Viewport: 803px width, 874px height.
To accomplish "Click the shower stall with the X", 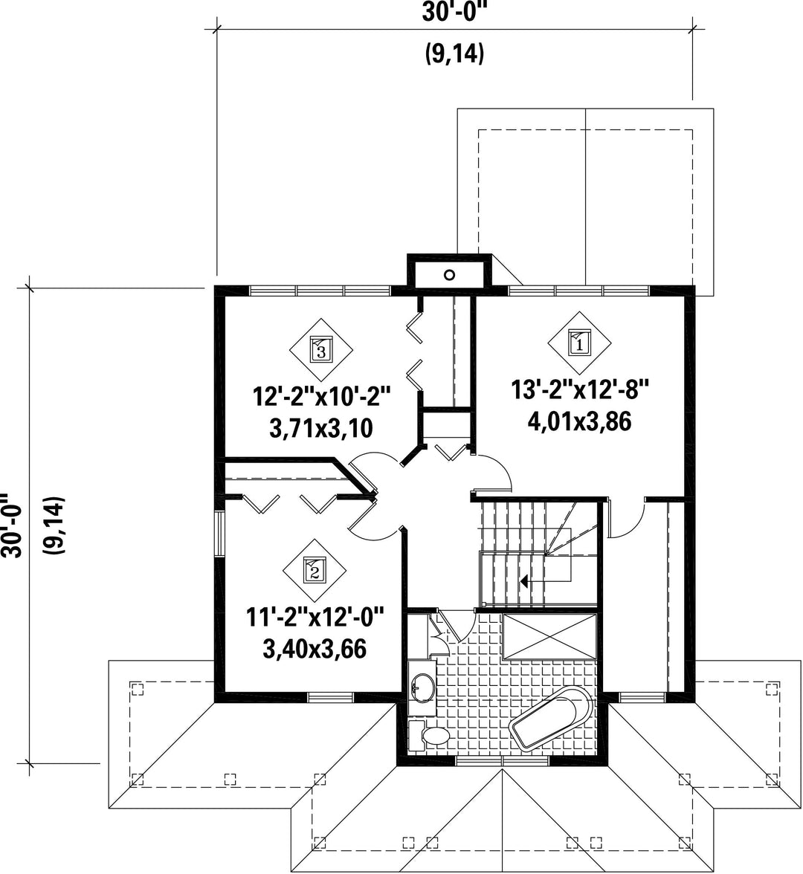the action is coord(550,636).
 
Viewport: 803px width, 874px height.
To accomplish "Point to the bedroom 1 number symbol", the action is coord(578,343).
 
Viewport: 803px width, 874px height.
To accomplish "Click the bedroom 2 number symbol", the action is coord(314,569).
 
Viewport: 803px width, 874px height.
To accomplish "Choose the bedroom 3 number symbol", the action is coord(320,350).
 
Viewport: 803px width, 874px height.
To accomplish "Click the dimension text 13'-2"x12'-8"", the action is coord(581,389).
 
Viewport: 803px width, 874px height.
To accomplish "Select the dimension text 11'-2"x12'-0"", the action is coord(316,618).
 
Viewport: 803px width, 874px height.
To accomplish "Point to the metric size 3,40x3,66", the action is coord(315,648).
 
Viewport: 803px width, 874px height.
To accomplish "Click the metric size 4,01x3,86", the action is coord(579,421).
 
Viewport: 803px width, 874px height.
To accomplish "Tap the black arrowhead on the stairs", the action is coord(524,581).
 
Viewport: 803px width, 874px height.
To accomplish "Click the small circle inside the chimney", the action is coord(449,274).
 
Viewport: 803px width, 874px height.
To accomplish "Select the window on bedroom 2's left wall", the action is coord(220,534).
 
